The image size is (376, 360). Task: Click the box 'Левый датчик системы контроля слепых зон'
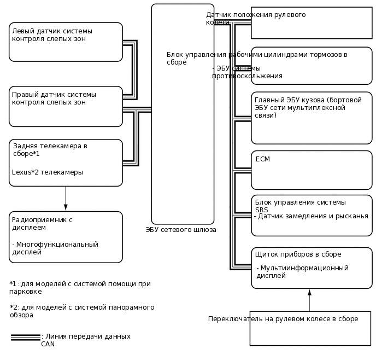66,42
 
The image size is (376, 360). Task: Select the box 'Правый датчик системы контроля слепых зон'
66,106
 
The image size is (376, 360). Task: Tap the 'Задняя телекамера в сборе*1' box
66,162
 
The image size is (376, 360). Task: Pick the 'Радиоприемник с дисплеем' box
66,237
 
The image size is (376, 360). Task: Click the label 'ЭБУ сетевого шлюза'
181,230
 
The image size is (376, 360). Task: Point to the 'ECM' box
312,170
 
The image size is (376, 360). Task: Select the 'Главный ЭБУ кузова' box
312,118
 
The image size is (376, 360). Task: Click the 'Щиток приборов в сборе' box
312,268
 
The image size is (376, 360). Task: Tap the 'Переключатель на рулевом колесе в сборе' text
283,318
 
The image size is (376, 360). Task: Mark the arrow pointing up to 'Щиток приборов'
309,300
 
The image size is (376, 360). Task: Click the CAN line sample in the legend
25,337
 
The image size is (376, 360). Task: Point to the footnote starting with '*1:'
80,287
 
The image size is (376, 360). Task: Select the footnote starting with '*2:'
82,311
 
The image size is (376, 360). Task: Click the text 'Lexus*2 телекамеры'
48,172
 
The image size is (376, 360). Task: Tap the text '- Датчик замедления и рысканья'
311,216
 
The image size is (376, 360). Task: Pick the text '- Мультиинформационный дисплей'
302,271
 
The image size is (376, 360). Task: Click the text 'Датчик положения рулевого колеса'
256,18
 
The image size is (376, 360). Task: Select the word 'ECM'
263,159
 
